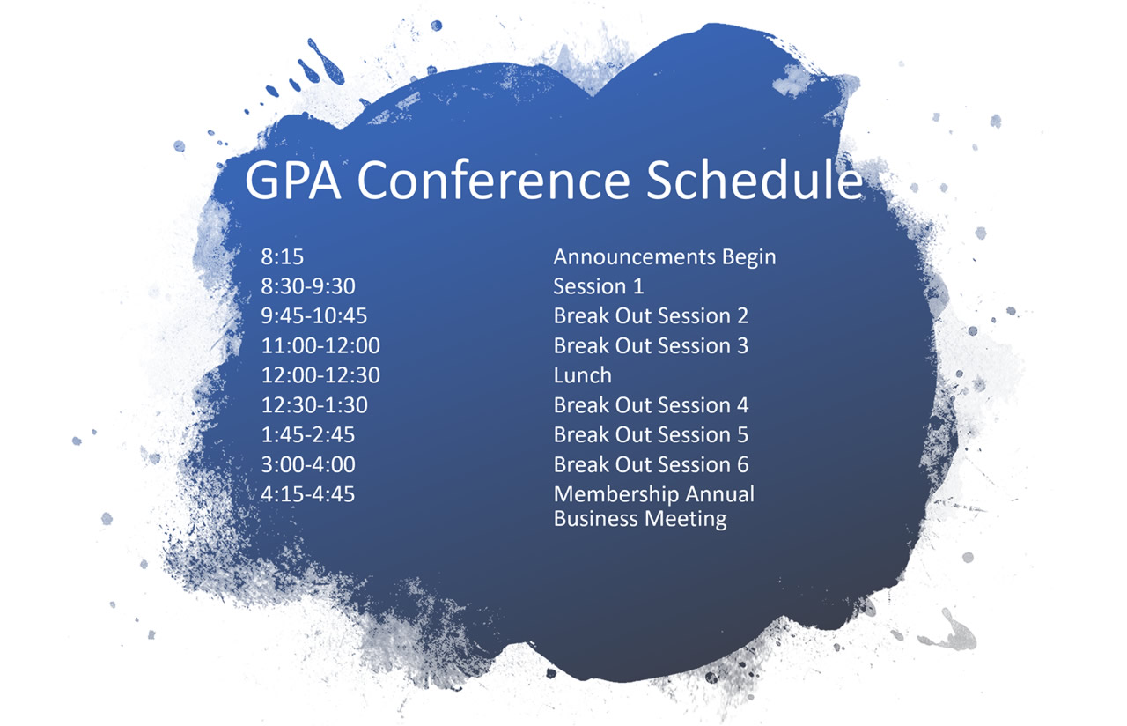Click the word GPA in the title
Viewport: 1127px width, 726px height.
pyautogui.click(x=293, y=181)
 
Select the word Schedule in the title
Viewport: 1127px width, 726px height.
pyautogui.click(x=755, y=179)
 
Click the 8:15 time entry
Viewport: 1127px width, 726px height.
pyautogui.click(x=283, y=256)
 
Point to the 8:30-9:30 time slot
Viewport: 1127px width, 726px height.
pyautogui.click(x=308, y=286)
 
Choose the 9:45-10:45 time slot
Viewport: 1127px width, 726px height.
pyautogui.click(x=314, y=316)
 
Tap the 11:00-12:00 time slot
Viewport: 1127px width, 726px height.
pyautogui.click(x=320, y=346)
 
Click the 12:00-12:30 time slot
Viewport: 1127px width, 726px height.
pyautogui.click(x=320, y=375)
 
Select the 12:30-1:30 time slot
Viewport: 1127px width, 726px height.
pyautogui.click(x=314, y=405)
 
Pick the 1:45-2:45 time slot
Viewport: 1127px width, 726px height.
pyautogui.click(x=308, y=435)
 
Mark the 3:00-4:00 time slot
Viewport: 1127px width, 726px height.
pyautogui.click(x=308, y=464)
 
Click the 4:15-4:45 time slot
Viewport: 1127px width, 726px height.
pyautogui.click(x=308, y=494)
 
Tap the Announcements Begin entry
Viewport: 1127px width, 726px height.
pyautogui.click(x=665, y=257)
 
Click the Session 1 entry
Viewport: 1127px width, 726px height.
pyautogui.click(x=599, y=286)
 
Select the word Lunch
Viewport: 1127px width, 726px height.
pyautogui.click(x=583, y=375)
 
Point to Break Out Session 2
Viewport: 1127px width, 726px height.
pyautogui.click(x=651, y=316)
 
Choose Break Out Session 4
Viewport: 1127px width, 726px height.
pyautogui.click(x=651, y=405)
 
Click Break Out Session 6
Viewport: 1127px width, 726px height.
pyautogui.click(x=651, y=464)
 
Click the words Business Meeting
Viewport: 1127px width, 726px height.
pyautogui.click(x=640, y=519)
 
